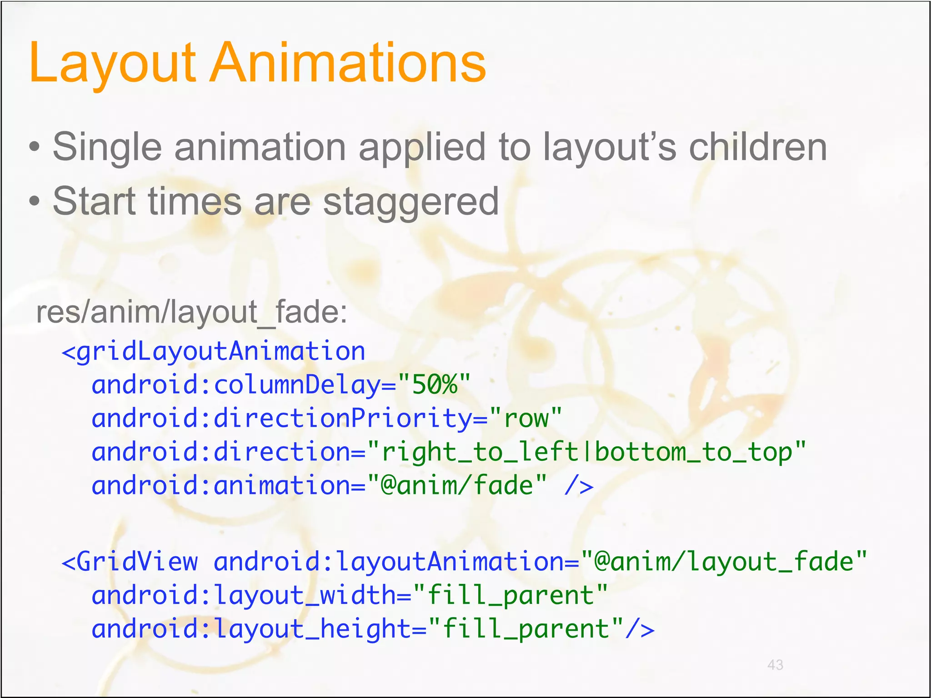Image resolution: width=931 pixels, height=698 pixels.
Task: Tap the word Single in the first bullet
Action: coord(107,147)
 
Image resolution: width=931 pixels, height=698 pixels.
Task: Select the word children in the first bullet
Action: coord(758,147)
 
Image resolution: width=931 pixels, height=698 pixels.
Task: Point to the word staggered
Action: coord(410,202)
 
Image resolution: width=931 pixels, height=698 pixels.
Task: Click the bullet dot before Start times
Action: coord(35,201)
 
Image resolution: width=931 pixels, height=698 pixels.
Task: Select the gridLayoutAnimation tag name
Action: coord(221,352)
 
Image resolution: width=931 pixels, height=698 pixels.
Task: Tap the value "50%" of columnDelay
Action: coord(434,385)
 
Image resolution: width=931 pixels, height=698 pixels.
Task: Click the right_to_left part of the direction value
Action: coord(480,452)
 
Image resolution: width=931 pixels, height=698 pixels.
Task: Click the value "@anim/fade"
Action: coord(457,485)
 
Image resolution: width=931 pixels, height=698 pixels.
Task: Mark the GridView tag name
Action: coord(137,562)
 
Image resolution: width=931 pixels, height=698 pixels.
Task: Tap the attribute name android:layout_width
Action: coord(244,595)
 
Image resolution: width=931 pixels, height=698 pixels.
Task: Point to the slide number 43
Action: coord(775,665)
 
